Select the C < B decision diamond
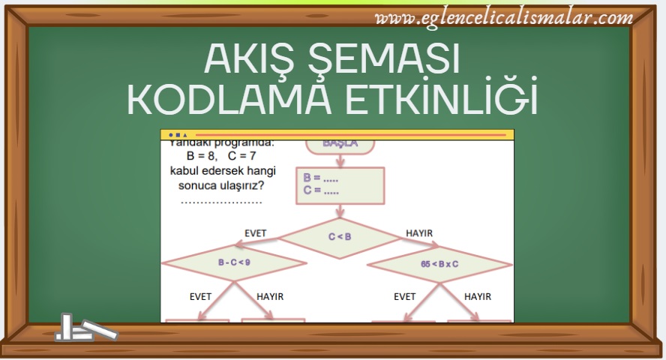coord(340,237)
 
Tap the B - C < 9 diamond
coord(233,263)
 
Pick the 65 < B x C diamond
coord(439,264)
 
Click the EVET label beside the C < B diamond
coord(256,233)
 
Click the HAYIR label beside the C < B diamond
coord(419,233)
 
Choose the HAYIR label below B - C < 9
coord(270,297)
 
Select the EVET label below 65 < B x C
coord(404,297)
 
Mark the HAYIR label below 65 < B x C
coord(478,297)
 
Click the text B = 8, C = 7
coord(221,156)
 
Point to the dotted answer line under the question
coord(221,202)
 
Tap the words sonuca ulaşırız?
coord(221,186)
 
